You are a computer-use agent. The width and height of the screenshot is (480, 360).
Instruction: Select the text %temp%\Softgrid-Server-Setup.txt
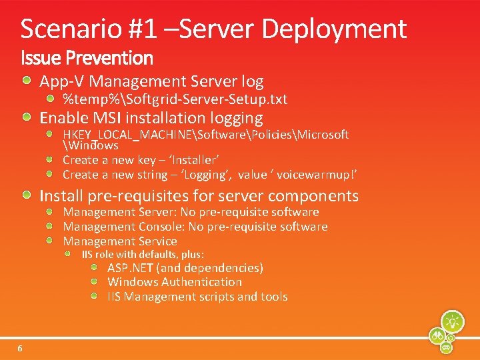coord(175,99)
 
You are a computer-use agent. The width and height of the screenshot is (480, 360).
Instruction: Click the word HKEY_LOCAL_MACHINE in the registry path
coord(127,135)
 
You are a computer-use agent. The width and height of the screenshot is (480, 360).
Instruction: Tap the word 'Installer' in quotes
coord(193,160)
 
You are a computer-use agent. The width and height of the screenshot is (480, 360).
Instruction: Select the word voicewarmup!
coord(316,175)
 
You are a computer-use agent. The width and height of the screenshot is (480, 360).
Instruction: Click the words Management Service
coord(120,241)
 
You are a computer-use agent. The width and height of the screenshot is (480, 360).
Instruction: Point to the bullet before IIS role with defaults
coord(68,255)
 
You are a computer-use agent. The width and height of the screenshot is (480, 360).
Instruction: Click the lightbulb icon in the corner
coord(453,321)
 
